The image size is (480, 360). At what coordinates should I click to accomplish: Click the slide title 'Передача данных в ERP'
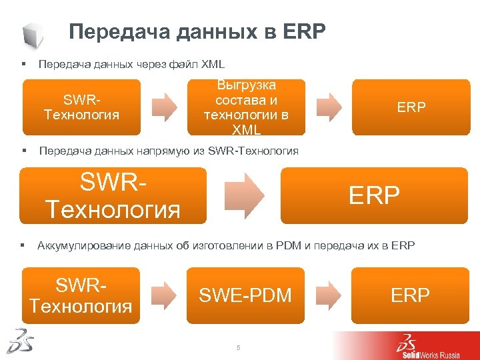pos(198,32)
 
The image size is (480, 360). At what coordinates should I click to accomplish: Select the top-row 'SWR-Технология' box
pos(82,107)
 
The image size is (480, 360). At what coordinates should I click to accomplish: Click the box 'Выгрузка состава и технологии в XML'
pos(247,107)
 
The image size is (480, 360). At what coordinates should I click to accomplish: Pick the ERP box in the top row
pos(411,107)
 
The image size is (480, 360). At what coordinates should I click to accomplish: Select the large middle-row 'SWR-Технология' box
pos(113,195)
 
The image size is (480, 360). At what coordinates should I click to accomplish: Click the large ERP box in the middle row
pos(374,195)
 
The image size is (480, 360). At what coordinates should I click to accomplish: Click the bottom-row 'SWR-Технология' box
pos(81,295)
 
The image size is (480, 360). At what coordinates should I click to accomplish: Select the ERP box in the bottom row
pos(410,295)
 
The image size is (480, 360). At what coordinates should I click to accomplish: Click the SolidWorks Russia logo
pos(427,346)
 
